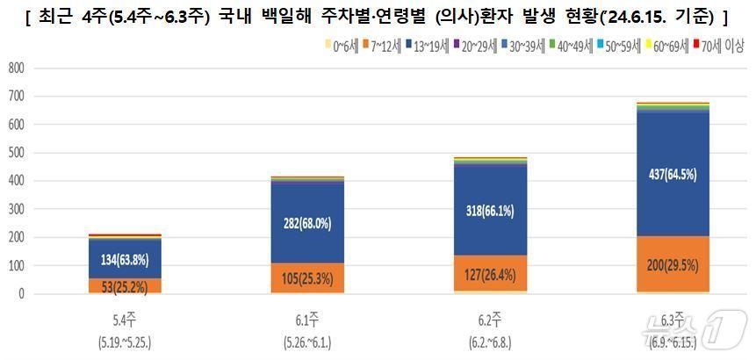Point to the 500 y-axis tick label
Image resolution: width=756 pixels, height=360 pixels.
(15, 153)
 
